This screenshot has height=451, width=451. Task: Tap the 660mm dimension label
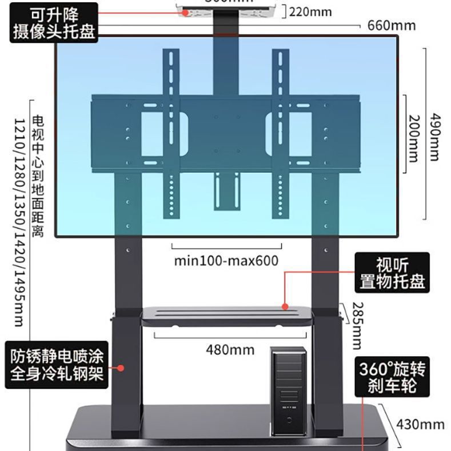(x=390, y=25)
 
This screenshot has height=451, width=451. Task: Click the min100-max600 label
(x=226, y=261)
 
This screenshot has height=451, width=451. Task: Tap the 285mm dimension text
(x=357, y=325)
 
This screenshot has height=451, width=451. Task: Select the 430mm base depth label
(x=420, y=424)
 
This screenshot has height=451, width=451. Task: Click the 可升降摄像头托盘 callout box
(x=55, y=21)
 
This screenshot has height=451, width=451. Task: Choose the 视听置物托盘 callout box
(x=392, y=273)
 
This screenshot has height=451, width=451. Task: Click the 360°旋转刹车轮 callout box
(x=392, y=377)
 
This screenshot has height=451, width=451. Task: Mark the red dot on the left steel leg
(x=121, y=368)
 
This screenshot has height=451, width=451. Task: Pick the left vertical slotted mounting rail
(x=171, y=134)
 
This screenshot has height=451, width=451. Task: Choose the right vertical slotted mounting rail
(x=281, y=134)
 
